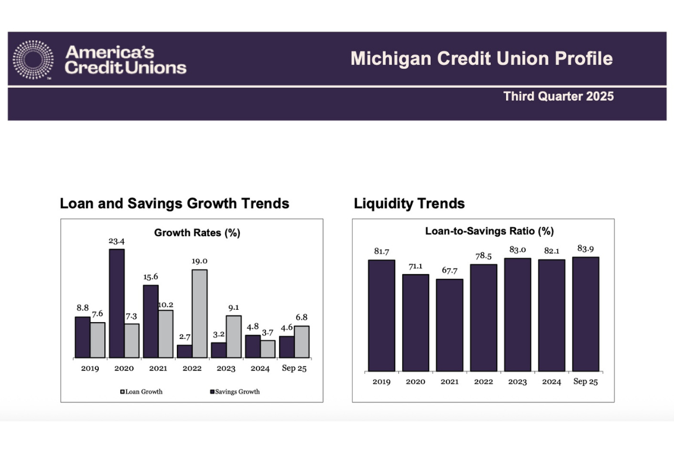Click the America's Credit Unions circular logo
pyautogui.click(x=33, y=59)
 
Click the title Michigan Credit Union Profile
pyautogui.click(x=481, y=59)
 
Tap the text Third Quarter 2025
pyautogui.click(x=558, y=96)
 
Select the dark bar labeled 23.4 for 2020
pyautogui.click(x=116, y=303)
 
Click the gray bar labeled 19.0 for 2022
pyautogui.click(x=199, y=313)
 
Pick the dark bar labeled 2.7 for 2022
pyautogui.click(x=184, y=351)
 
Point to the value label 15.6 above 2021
pyautogui.click(x=151, y=277)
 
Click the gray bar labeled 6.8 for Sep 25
pyautogui.click(x=302, y=341)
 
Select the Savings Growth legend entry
pyautogui.click(x=234, y=391)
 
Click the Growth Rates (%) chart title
pyautogui.click(x=197, y=233)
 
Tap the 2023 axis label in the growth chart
pyautogui.click(x=226, y=369)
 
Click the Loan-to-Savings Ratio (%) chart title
pyautogui.click(x=489, y=231)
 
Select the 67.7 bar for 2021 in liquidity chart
pyautogui.click(x=449, y=325)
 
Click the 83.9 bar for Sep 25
pyautogui.click(x=585, y=314)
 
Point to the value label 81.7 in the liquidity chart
pyautogui.click(x=381, y=252)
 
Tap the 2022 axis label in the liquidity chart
pyautogui.click(x=483, y=382)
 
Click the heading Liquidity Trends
pyautogui.click(x=409, y=203)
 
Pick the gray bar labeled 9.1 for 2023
pyautogui.click(x=234, y=337)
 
